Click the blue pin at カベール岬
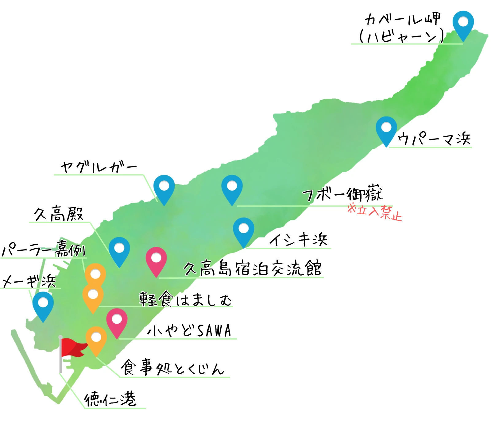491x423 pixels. coord(463,23)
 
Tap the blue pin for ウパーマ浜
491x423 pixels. coord(386,128)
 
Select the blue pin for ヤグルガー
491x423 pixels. coord(164,187)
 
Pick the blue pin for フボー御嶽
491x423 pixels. coord(232,187)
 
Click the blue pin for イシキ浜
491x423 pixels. coord(244,230)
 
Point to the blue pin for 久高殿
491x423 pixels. coord(119,249)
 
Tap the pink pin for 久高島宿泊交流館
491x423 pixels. coord(156,259)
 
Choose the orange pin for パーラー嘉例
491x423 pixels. coord(95,274)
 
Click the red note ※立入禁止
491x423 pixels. coord(375,212)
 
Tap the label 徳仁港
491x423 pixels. coord(110,399)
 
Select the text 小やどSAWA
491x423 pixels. coord(189,330)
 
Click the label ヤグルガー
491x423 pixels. coord(99,167)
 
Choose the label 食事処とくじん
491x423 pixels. coord(172,368)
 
